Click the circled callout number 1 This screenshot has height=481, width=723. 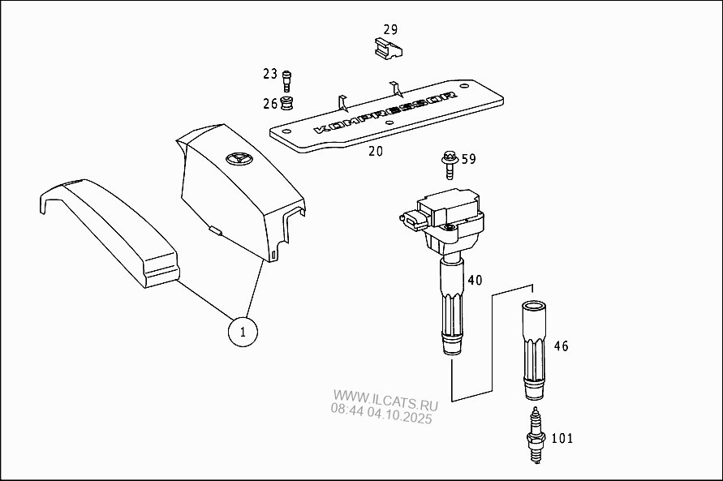coord(243,332)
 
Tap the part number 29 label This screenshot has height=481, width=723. coord(390,29)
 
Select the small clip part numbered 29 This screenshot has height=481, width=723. coord(388,49)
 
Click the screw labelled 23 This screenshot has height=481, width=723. coord(286,82)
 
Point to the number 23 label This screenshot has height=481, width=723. coord(270,74)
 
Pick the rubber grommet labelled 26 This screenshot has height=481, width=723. coord(287,104)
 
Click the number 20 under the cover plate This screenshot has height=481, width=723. coord(376,151)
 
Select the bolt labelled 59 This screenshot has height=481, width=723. coord(449,165)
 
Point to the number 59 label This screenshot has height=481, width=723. coord(468,160)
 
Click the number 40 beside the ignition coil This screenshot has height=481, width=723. coord(475,280)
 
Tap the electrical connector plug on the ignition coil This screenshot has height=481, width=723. coord(413,221)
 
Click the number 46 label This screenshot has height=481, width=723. coord(561,346)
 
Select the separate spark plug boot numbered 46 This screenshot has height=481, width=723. coord(533,350)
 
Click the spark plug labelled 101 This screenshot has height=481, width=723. coord(536,435)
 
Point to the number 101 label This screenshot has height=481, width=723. coord(562,438)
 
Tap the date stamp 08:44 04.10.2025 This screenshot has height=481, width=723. coord(381,413)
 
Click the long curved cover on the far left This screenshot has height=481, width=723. coord(110,230)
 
